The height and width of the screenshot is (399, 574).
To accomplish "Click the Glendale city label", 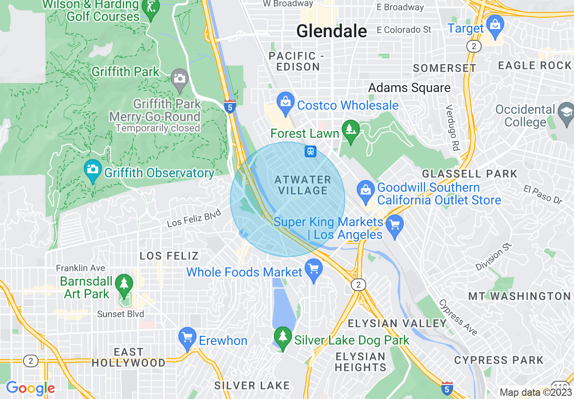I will tap(331, 31).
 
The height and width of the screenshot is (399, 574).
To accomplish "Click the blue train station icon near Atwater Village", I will tap(311, 151).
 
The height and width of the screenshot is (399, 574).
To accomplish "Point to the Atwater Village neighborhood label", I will tap(303, 185).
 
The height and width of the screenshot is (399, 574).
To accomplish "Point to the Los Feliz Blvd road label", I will tap(194, 220).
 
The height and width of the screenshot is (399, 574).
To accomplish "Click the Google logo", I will tap(30, 388).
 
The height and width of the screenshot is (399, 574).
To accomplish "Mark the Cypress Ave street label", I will tap(458, 318).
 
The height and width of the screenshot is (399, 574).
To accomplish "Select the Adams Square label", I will tap(409, 88).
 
